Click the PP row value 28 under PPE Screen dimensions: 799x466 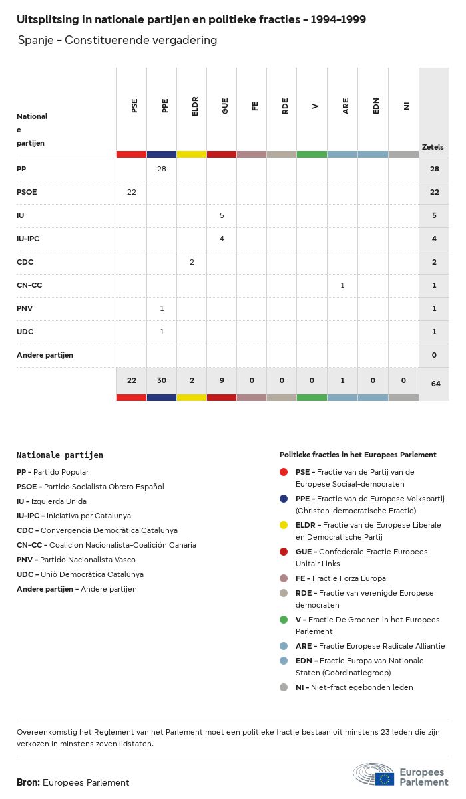pyautogui.click(x=162, y=169)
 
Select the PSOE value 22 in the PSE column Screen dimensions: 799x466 pyautogui.click(x=132, y=192)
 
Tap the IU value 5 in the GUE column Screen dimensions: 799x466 pyautogui.click(x=222, y=215)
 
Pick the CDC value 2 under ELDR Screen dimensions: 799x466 pyautogui.click(x=192, y=262)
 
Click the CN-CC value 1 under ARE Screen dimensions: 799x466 pyautogui.click(x=342, y=285)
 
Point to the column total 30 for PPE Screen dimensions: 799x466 pyautogui.click(x=162, y=380)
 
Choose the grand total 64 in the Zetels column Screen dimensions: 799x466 pyautogui.click(x=434, y=384)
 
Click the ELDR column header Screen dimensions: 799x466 pyautogui.click(x=195, y=107)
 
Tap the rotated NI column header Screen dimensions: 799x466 pyautogui.click(x=407, y=106)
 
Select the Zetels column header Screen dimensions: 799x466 pyautogui.click(x=433, y=147)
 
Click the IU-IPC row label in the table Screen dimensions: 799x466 pyautogui.click(x=33, y=239)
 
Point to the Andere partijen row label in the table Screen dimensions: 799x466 pyautogui.click(x=45, y=355)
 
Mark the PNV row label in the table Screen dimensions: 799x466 pyautogui.click(x=25, y=308)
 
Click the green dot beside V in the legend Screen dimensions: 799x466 pyautogui.click(x=284, y=620)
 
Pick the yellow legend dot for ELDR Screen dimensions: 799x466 pyautogui.click(x=284, y=525)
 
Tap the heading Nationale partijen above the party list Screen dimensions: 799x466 pyautogui.click(x=60, y=455)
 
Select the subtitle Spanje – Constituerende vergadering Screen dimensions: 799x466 pyautogui.click(x=118, y=40)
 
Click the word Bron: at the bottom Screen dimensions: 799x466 pyautogui.click(x=29, y=782)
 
